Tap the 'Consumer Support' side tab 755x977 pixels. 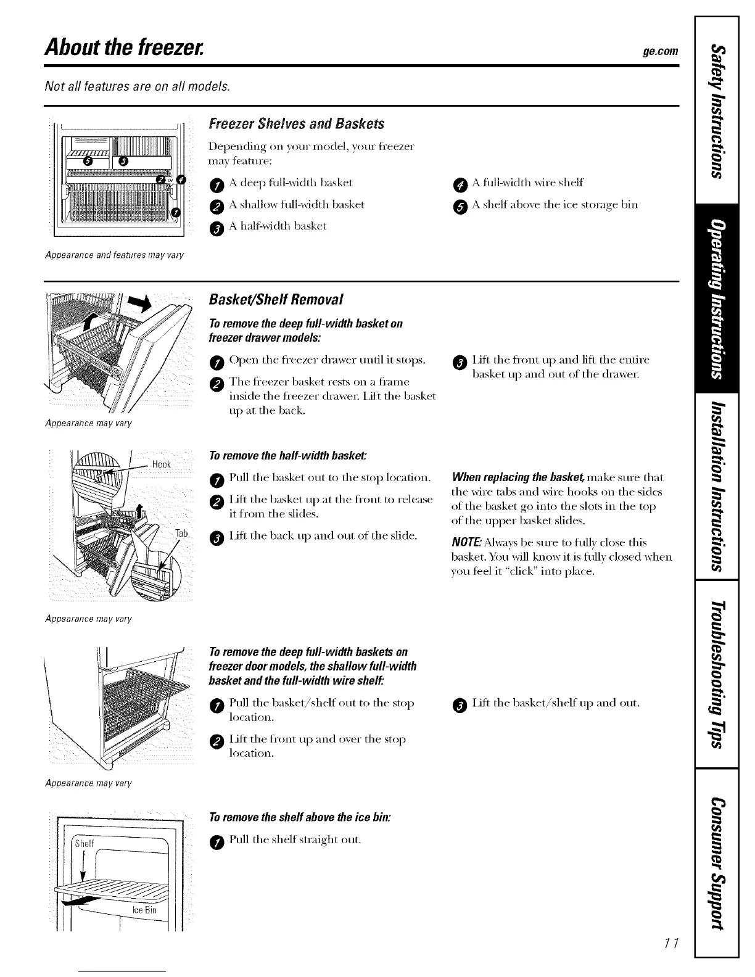pyautogui.click(x=716, y=861)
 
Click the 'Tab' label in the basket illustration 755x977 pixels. pyautogui.click(x=181, y=534)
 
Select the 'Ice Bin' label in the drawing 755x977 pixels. pyautogui.click(x=144, y=910)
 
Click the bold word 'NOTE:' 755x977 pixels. pyautogui.click(x=466, y=543)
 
